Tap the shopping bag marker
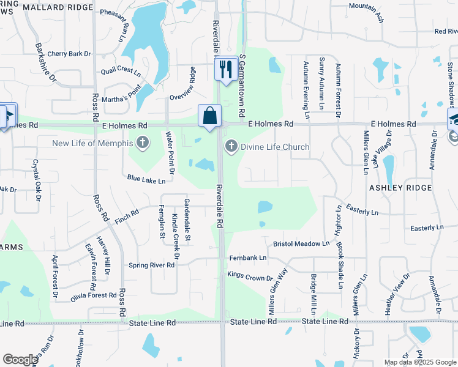click(x=209, y=115)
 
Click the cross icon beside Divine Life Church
click(x=231, y=146)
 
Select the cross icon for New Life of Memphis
click(x=142, y=144)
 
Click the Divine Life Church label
click(x=275, y=147)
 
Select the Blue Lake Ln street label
click(x=146, y=180)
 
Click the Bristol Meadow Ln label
click(x=301, y=243)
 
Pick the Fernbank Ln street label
click(x=248, y=258)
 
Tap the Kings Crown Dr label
click(x=250, y=277)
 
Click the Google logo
click(x=20, y=359)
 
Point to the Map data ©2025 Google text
click(x=419, y=362)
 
